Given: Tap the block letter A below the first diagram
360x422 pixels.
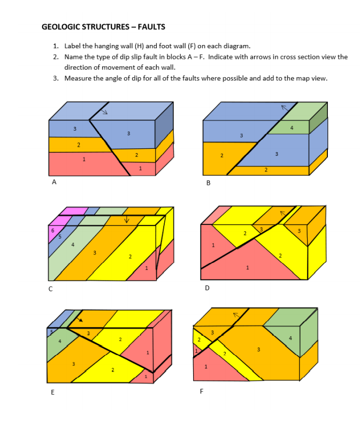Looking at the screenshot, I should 53,182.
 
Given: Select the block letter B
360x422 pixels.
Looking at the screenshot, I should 208,183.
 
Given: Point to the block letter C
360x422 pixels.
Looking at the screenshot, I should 51,289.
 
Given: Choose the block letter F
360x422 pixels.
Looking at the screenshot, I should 201,391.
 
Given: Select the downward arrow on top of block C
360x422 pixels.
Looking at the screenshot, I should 127,219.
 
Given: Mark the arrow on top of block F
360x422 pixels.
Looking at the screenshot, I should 234,315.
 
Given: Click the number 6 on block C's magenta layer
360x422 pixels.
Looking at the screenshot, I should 52,230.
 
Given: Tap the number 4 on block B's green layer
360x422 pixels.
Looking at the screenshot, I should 292,127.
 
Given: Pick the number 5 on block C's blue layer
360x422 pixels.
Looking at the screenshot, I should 60,236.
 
